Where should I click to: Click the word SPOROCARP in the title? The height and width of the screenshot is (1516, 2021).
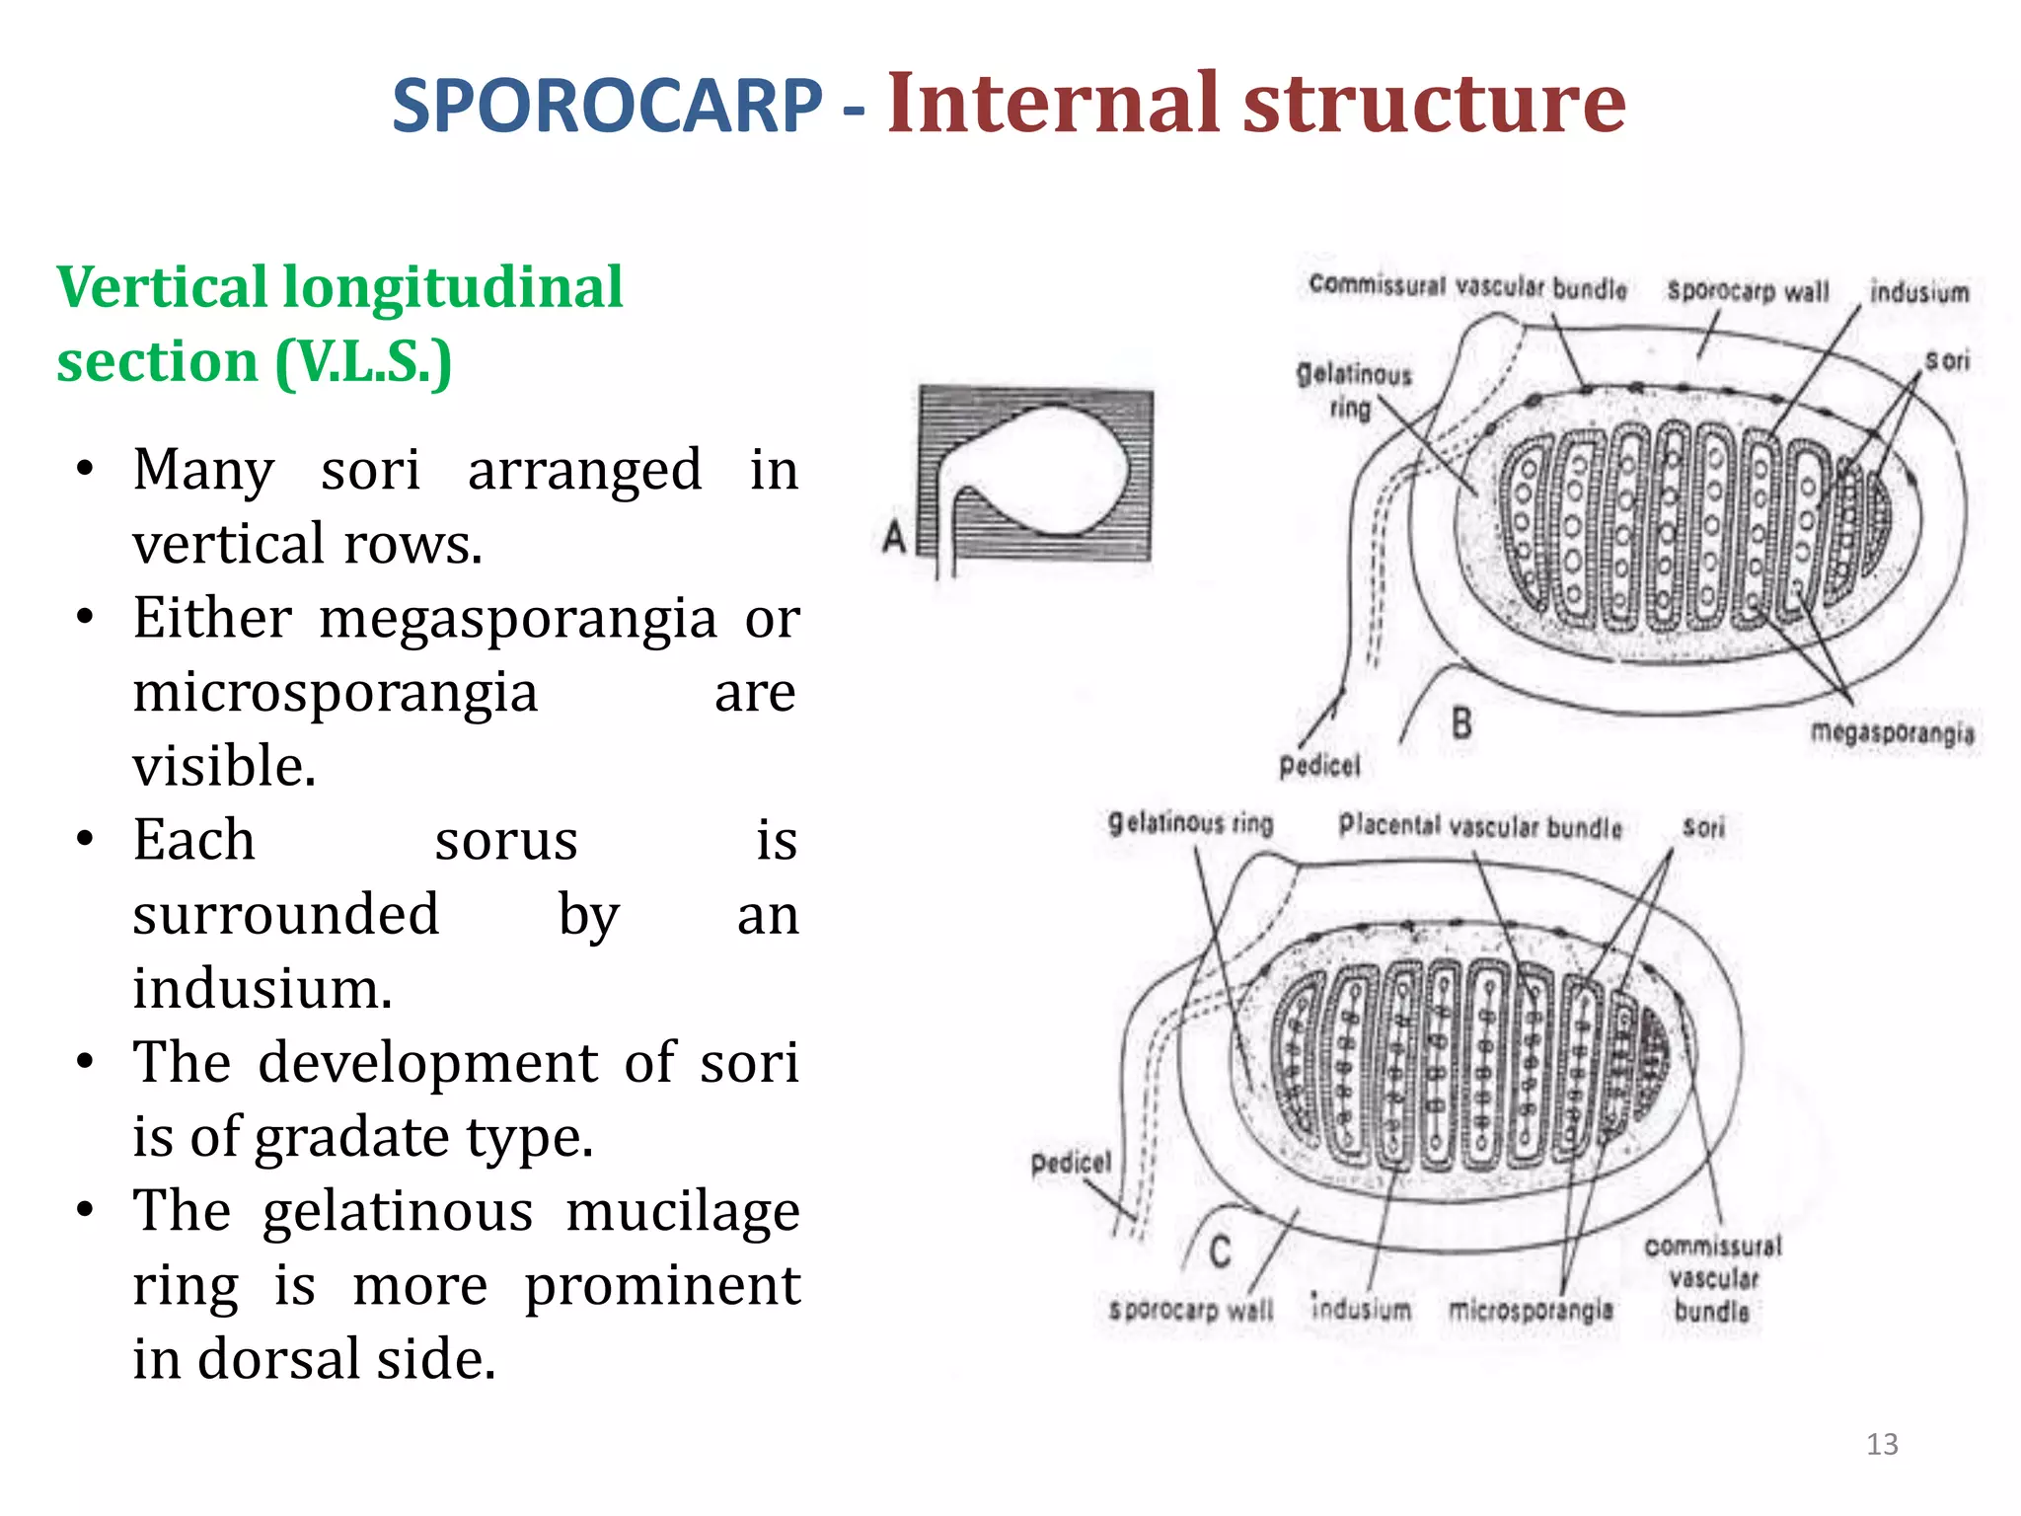606,107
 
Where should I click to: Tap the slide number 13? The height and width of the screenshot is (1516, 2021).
1882,1444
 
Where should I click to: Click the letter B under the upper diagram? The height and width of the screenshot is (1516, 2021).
1461,723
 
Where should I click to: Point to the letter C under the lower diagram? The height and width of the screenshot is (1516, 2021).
1220,1251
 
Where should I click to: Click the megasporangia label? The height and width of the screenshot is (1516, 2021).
1892,733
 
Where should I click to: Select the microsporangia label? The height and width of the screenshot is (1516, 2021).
1531,1310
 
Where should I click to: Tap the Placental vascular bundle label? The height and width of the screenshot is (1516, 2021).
1479,826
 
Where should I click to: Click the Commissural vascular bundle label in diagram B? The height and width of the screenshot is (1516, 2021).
1467,287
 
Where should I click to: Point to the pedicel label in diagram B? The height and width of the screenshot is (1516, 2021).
1319,766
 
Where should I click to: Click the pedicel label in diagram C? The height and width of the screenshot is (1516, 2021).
1071,1163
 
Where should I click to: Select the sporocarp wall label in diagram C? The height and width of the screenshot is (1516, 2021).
1191,1311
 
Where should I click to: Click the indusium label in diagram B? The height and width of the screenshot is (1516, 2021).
1918,293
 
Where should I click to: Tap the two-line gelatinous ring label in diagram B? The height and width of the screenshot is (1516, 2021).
1353,391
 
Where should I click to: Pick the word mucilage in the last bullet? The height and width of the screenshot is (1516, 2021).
682,1211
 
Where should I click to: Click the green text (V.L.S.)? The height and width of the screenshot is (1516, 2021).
363,362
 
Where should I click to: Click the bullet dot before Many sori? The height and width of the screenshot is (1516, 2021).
86,468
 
